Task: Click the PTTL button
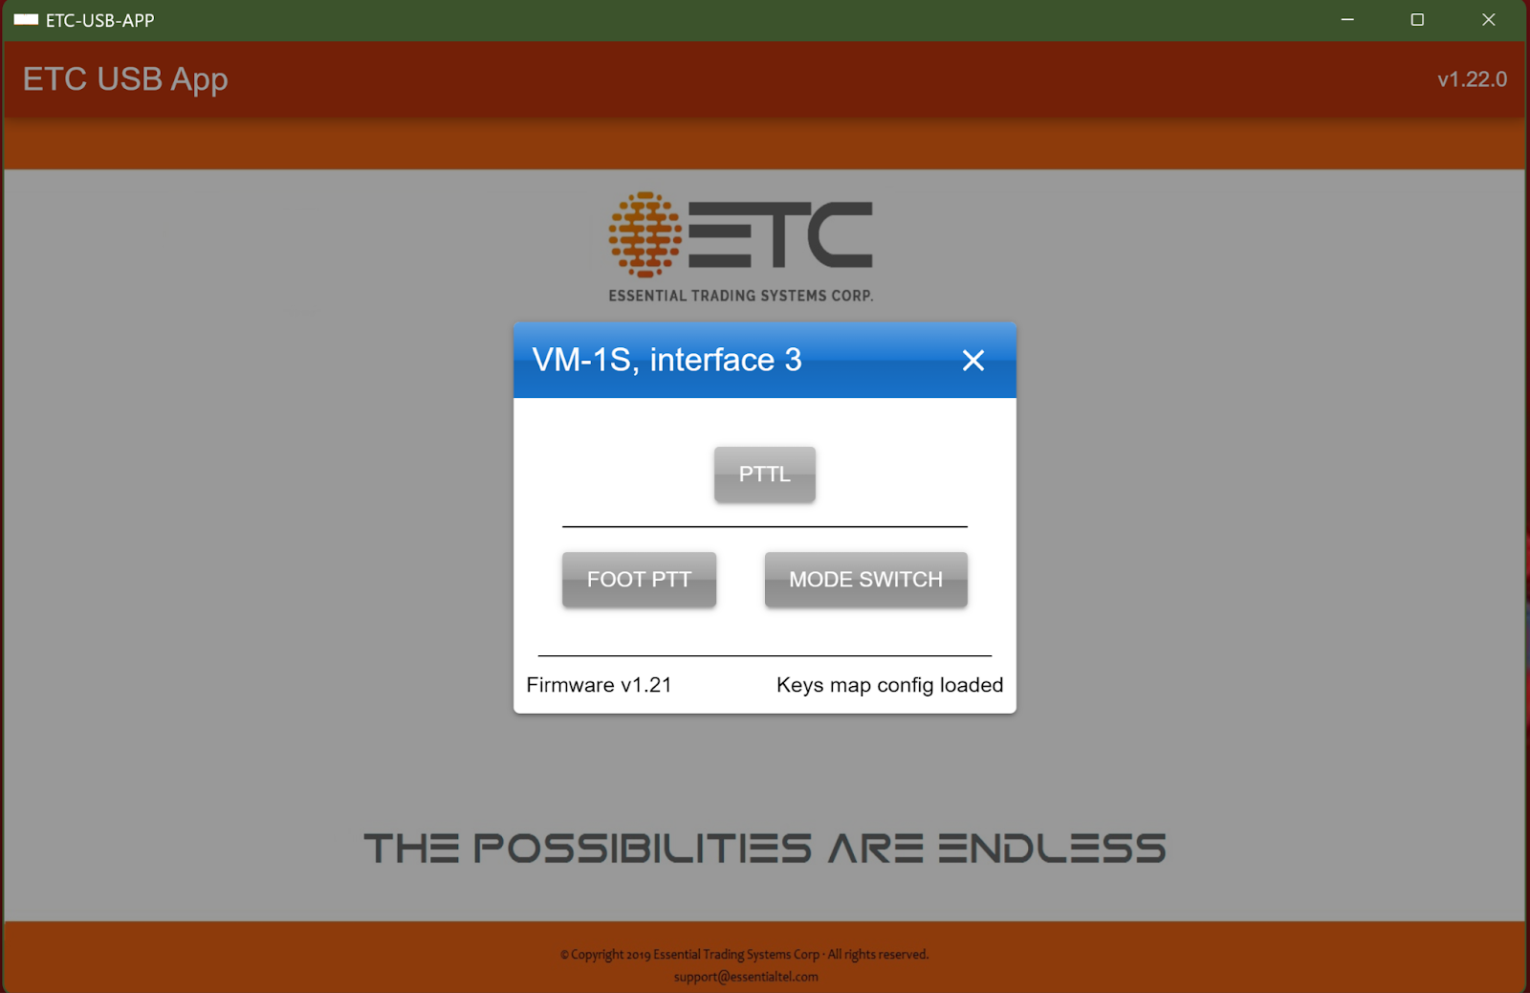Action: click(764, 474)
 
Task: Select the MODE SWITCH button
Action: click(865, 580)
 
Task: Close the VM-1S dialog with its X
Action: click(973, 360)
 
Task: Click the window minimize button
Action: click(1347, 20)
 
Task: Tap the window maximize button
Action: click(1417, 20)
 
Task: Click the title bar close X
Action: click(1488, 20)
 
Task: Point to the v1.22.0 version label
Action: click(1472, 79)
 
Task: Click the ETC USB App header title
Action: click(125, 79)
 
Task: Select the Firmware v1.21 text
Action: click(599, 685)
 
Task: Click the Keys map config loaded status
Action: click(889, 685)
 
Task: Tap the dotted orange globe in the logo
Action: click(645, 234)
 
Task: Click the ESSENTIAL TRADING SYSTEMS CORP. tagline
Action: click(740, 296)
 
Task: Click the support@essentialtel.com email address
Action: click(746, 977)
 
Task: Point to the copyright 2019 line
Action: click(745, 954)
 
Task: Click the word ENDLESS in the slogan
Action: click(1052, 849)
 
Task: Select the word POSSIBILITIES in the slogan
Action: click(643, 849)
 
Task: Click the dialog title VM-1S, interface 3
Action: click(667, 360)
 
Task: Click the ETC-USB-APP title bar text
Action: click(99, 20)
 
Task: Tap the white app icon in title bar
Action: click(26, 19)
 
